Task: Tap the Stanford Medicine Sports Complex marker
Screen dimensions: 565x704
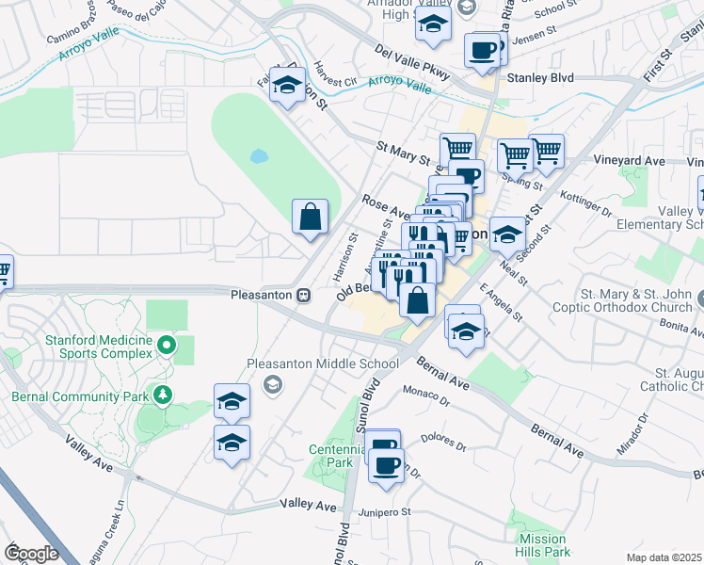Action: tap(168, 346)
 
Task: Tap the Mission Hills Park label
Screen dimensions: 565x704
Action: tap(544, 545)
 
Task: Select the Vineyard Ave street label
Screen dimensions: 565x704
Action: tap(630, 161)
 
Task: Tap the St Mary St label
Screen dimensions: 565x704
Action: tap(403, 153)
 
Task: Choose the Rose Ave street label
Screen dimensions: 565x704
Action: tap(386, 209)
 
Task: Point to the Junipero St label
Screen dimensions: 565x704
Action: tap(387, 512)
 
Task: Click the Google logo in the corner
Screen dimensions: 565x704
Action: tap(32, 553)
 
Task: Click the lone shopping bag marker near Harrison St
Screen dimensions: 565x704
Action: tap(310, 218)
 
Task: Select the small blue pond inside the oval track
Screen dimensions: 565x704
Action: tap(258, 156)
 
